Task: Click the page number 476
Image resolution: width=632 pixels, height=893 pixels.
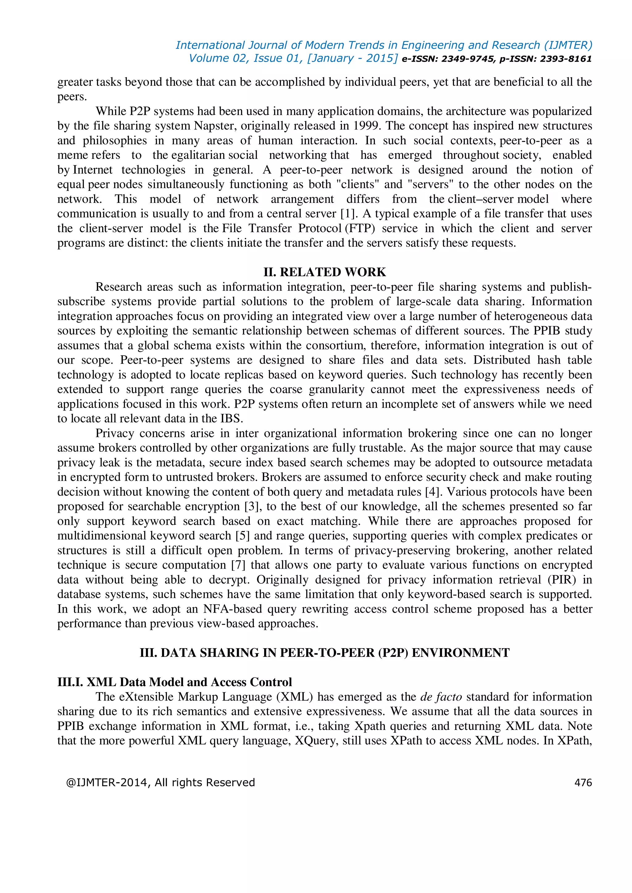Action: click(x=583, y=783)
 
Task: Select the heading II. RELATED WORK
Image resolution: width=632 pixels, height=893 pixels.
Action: click(x=325, y=272)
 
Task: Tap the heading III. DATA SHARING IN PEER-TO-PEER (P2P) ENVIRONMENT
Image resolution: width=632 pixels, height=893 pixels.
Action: click(x=325, y=653)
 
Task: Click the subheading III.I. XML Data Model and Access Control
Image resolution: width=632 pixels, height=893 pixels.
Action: click(x=174, y=682)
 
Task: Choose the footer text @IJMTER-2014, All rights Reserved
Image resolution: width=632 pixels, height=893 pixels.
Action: click(x=160, y=783)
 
